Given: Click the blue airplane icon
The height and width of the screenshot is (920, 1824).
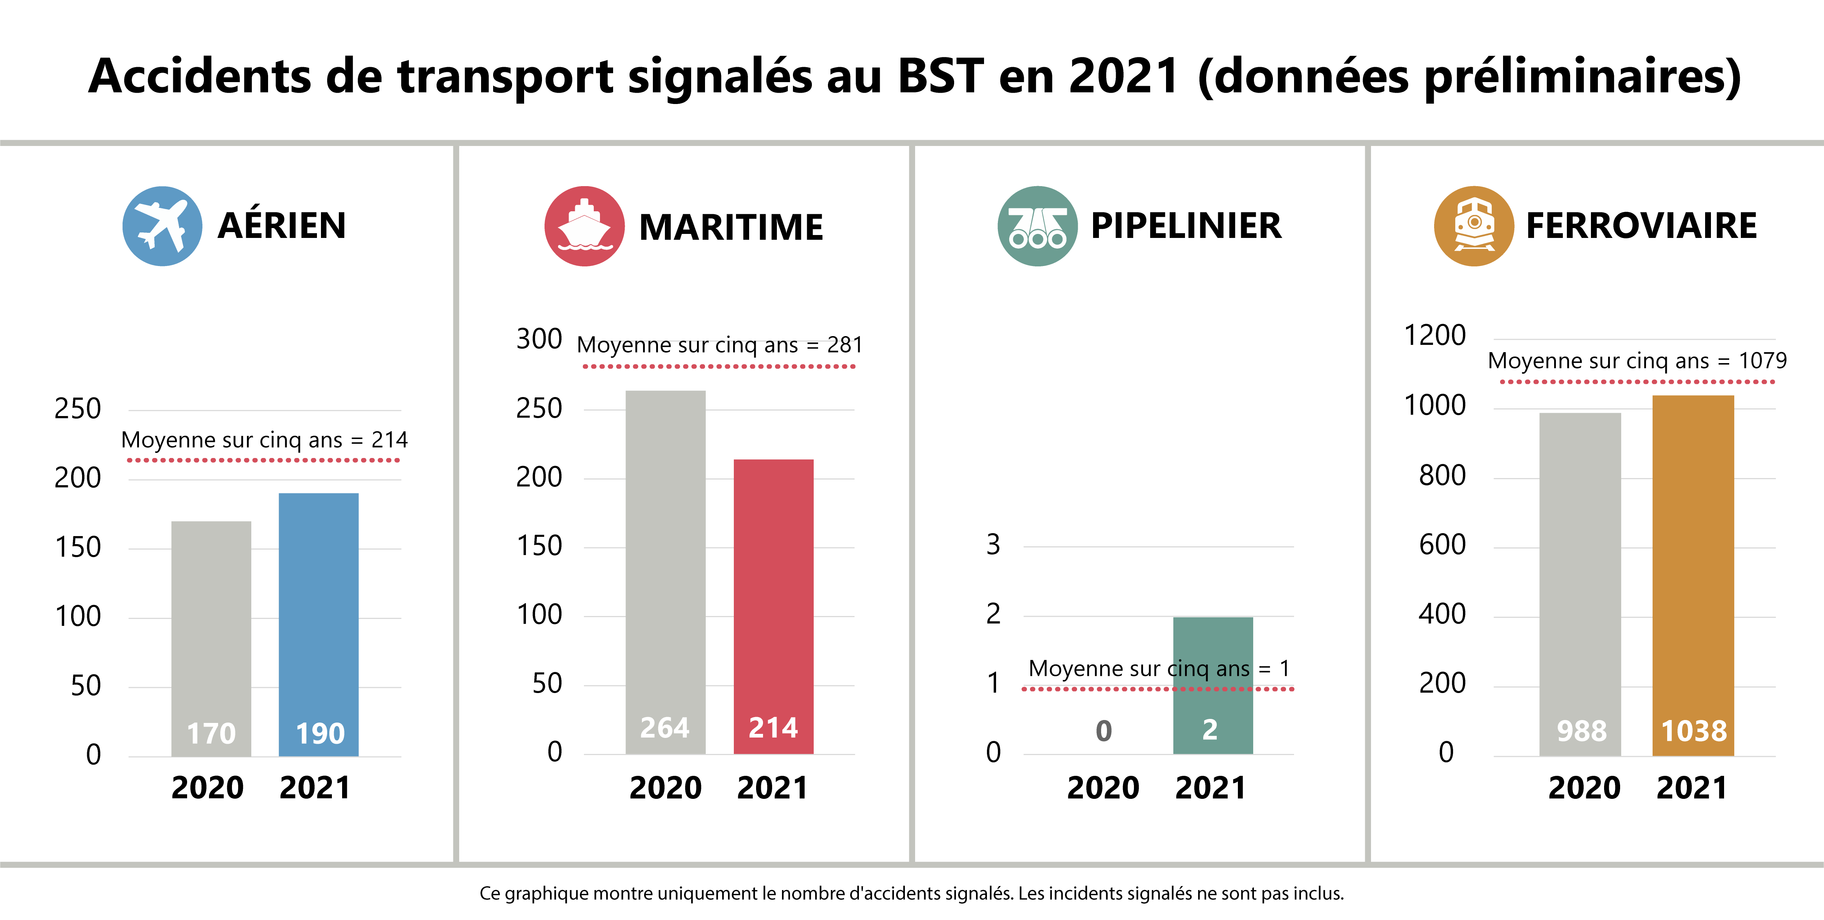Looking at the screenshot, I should pyautogui.click(x=162, y=226).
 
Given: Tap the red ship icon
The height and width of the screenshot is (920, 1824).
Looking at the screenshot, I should pyautogui.click(x=584, y=226).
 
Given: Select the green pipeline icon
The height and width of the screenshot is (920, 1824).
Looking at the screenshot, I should pyautogui.click(x=1037, y=226).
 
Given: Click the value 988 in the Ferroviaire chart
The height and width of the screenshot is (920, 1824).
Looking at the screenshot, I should pyautogui.click(x=1581, y=731).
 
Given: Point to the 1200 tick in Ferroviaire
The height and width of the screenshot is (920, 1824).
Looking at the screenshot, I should pyautogui.click(x=1434, y=335).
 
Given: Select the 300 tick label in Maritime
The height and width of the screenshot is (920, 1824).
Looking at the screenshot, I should pyautogui.click(x=539, y=339).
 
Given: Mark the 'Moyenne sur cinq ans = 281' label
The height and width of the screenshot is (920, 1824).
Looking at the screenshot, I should pyautogui.click(x=719, y=345).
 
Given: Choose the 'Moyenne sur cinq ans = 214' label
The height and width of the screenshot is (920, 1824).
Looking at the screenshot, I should pyautogui.click(x=264, y=440).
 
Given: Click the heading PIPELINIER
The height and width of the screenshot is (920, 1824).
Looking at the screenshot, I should pyautogui.click(x=1186, y=226).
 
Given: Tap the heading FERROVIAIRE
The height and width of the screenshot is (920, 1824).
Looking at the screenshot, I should pyautogui.click(x=1641, y=226).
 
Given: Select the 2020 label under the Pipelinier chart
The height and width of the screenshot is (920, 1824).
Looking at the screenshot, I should pyautogui.click(x=1103, y=788).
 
